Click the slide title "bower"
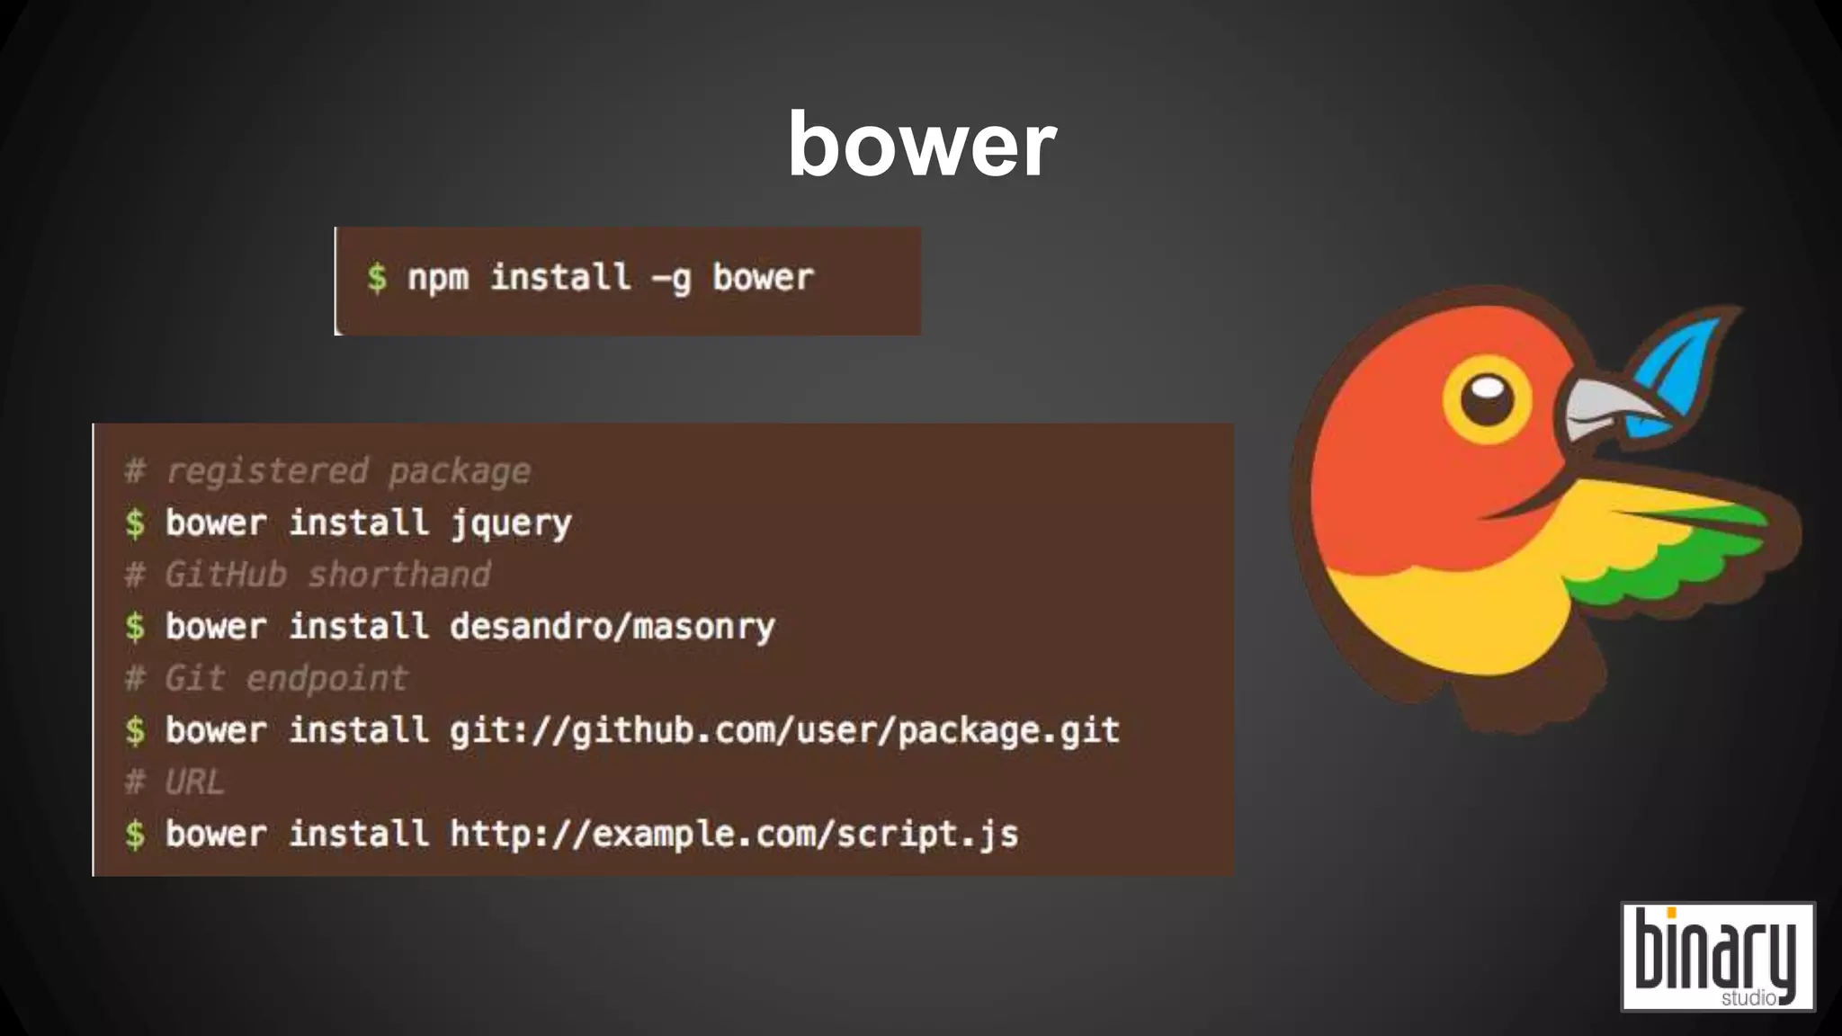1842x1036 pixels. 922,145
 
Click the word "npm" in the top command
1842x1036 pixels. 438,278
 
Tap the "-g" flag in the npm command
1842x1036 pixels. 671,279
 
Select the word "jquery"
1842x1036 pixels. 511,523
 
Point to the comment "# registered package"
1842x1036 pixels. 327,471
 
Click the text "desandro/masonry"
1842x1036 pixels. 612,627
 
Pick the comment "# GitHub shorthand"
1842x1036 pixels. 308,575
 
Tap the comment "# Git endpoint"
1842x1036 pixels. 266,678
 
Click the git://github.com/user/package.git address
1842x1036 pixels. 784,730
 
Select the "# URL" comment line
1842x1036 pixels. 174,782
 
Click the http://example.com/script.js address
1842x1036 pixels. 734,835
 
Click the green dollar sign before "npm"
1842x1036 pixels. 377,278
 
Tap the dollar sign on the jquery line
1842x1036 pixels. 135,523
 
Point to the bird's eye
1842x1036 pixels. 1487,399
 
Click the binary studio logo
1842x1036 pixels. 1718,957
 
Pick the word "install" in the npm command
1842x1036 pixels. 560,278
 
